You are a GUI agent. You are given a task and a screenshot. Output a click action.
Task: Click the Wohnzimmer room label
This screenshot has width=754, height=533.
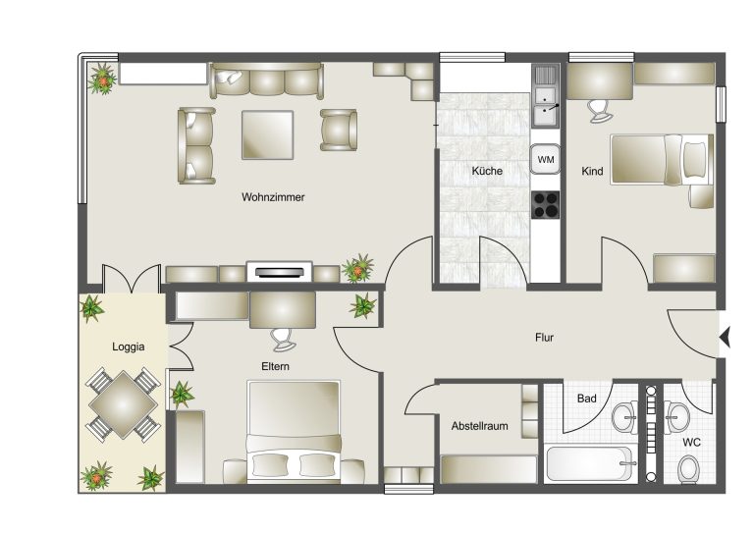(x=273, y=197)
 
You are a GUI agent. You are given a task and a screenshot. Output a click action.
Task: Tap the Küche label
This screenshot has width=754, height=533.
(x=487, y=171)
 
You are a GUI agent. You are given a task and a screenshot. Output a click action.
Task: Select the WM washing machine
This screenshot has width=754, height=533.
(x=545, y=159)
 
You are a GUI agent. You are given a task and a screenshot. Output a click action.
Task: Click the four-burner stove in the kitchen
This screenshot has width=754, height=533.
(x=546, y=205)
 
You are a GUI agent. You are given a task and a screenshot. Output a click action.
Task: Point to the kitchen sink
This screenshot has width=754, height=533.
(x=546, y=96)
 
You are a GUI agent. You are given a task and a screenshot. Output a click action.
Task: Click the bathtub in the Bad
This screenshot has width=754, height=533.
(x=589, y=463)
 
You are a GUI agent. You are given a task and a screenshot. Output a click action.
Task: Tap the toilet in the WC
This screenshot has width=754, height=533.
(x=689, y=468)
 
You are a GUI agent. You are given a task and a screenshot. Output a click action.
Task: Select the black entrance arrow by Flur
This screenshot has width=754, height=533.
(x=726, y=337)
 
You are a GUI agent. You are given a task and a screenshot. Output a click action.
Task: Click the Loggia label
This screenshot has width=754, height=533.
(x=128, y=346)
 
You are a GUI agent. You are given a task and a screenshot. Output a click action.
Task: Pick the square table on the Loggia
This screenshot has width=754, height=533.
(x=123, y=404)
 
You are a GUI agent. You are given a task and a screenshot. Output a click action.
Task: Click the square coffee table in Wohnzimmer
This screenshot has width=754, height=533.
(x=267, y=134)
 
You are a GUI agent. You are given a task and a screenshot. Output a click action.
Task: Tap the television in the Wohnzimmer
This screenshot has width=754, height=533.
(x=280, y=272)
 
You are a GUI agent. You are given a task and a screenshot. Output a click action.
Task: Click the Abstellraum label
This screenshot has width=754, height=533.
(x=479, y=426)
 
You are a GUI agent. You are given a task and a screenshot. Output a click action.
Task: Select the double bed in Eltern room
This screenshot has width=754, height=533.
(x=294, y=431)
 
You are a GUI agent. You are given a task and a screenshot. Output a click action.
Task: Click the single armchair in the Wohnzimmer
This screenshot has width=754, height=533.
(x=339, y=130)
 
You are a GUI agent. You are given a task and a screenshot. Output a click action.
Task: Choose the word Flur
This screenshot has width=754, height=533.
(x=544, y=338)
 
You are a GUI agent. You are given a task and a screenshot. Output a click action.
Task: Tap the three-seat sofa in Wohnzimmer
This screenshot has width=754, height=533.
(x=266, y=80)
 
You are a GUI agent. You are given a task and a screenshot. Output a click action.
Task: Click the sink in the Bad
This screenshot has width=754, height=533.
(x=624, y=417)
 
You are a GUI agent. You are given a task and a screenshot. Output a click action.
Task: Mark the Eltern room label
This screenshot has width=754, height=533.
(x=275, y=366)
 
